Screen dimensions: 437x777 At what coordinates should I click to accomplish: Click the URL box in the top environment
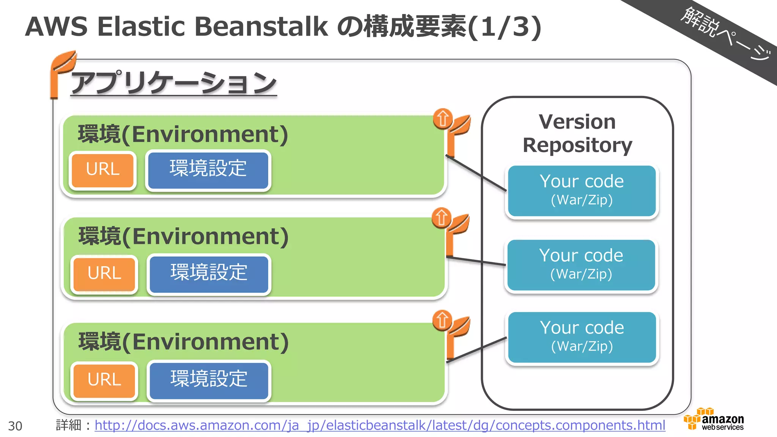[102, 170]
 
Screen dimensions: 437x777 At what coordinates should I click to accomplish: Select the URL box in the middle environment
[104, 274]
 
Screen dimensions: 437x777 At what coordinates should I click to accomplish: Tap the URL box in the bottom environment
[104, 380]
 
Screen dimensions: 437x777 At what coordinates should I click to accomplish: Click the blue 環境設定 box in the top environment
[208, 170]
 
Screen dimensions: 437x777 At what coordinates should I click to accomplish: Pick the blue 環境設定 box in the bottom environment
[209, 380]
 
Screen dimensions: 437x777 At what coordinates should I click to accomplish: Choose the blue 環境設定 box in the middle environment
[209, 273]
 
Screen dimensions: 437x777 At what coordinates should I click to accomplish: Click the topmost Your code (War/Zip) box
[582, 190]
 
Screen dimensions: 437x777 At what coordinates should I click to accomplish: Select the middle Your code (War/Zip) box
[581, 265]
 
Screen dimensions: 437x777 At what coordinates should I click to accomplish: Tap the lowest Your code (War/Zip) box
[582, 337]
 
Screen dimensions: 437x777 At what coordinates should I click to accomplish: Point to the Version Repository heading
[577, 134]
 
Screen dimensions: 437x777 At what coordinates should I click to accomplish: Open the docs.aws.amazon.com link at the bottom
[379, 425]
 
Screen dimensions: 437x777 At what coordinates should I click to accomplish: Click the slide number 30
[15, 426]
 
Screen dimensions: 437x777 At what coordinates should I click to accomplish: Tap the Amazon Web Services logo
[714, 420]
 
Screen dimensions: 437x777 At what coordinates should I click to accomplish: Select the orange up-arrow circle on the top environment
[442, 119]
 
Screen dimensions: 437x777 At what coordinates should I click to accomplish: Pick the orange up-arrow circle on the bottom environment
[442, 320]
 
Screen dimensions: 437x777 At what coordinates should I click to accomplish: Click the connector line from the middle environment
[476, 261]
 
